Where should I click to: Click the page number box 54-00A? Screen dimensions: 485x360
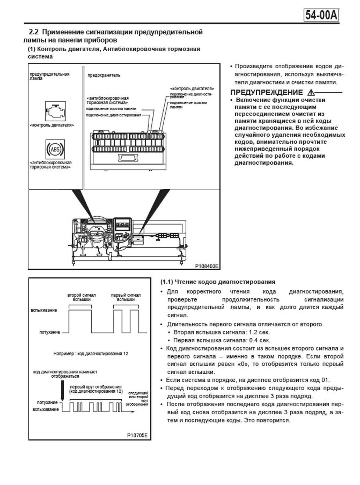(321, 15)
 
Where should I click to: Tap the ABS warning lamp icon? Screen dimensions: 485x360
(55, 149)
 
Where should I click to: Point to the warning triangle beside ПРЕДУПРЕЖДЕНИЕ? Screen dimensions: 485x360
(311, 92)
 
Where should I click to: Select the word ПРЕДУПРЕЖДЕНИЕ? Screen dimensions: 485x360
(266, 92)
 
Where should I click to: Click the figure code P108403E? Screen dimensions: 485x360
(207, 266)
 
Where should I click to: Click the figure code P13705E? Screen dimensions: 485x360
(137, 435)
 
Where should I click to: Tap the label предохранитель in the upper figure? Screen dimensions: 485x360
(104, 75)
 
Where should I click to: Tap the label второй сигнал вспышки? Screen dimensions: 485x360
(81, 297)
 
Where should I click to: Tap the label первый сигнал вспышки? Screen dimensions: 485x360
(126, 297)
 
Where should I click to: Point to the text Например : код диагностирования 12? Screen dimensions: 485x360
(91, 354)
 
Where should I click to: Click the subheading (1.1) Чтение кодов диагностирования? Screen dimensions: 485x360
(218, 282)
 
